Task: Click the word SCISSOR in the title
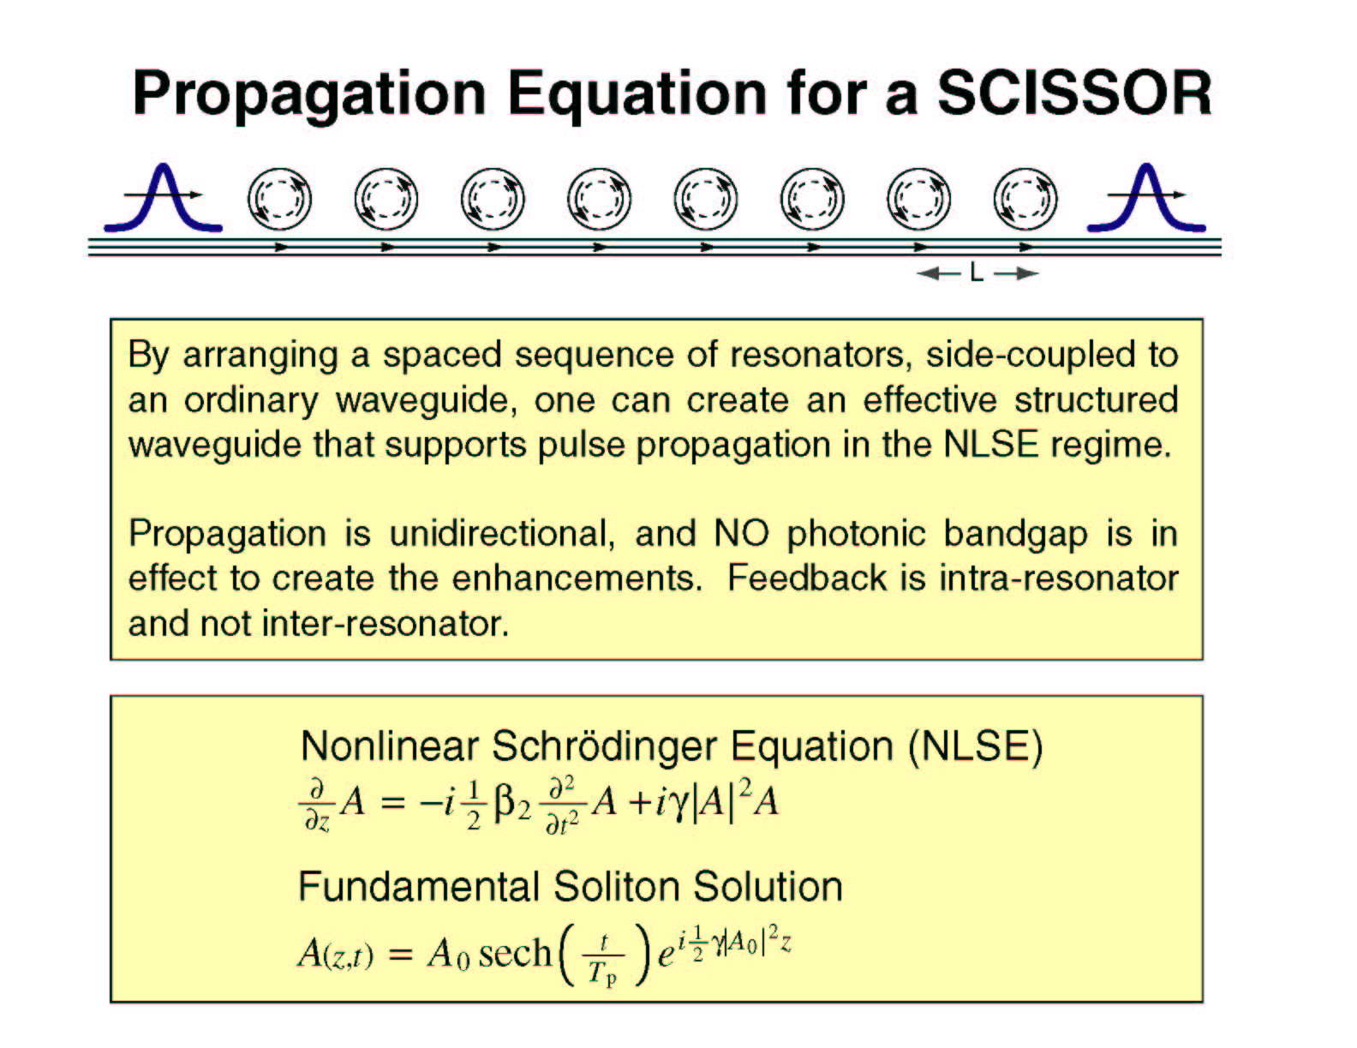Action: (x=1074, y=93)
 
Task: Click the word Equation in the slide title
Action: (x=637, y=96)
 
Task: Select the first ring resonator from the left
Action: (x=250, y=200)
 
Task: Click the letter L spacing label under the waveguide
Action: (x=977, y=273)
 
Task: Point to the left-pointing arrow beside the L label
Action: (x=939, y=273)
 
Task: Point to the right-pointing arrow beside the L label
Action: (x=1016, y=273)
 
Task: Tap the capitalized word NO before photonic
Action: (x=741, y=534)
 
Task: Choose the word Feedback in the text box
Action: (x=807, y=578)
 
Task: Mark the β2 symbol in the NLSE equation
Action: (x=511, y=804)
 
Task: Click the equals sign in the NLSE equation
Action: (x=392, y=803)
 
